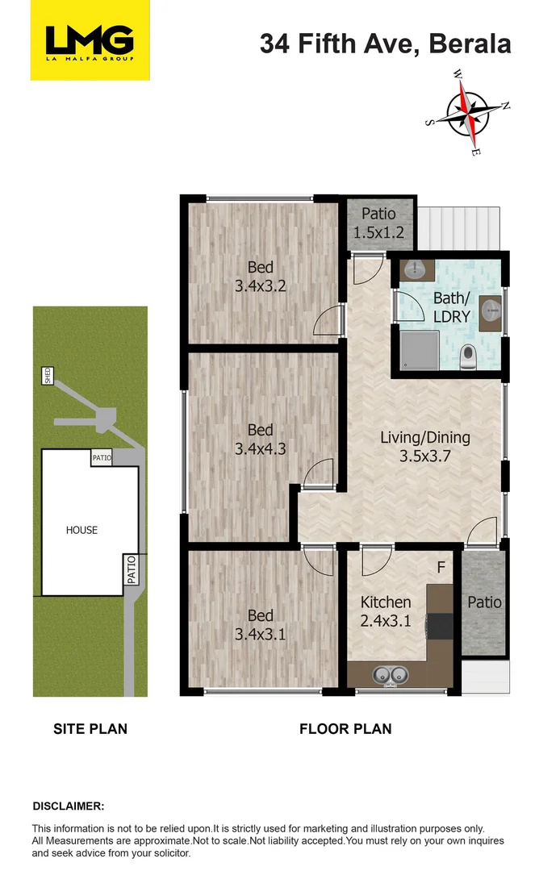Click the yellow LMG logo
click(90, 40)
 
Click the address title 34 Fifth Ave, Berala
click(385, 44)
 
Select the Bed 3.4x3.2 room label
click(260, 276)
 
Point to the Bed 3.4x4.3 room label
click(260, 439)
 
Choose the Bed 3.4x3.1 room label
click(260, 626)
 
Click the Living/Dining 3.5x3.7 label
click(424, 447)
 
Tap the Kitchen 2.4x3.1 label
click(385, 611)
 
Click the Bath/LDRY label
click(450, 308)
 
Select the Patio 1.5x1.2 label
click(378, 223)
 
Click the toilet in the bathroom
click(467, 357)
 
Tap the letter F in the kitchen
click(441, 567)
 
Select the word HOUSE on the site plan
click(81, 530)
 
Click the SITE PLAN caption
click(90, 729)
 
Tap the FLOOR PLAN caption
click(345, 729)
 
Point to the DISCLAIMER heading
click(68, 806)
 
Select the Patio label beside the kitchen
click(484, 602)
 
